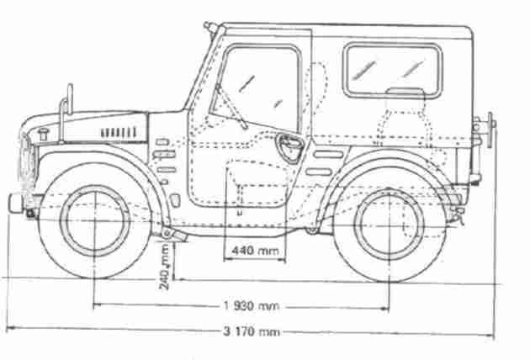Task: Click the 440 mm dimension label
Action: [x=256, y=251]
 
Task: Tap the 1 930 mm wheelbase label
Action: [x=252, y=306]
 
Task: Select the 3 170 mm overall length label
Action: [x=252, y=331]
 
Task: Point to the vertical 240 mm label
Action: [x=165, y=267]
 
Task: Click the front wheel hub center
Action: [x=95, y=220]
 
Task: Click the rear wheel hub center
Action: [x=389, y=225]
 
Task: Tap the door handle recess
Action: [x=289, y=147]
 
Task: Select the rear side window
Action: [x=392, y=71]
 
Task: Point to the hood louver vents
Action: [x=119, y=132]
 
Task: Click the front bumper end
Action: [x=15, y=204]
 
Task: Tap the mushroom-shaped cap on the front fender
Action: [x=44, y=135]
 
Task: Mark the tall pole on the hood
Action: [x=70, y=99]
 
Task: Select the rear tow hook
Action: [x=458, y=215]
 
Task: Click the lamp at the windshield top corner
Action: [x=210, y=26]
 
